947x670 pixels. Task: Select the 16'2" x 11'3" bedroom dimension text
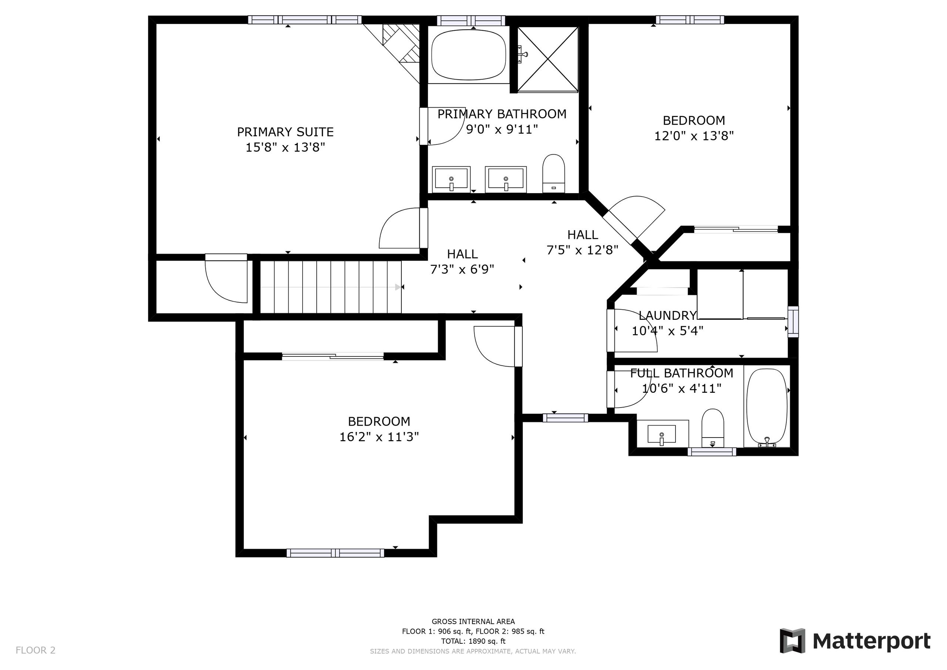click(379, 437)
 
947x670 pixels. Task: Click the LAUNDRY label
click(667, 316)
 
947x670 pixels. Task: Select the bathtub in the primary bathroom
click(469, 55)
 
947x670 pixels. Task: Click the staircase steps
click(331, 287)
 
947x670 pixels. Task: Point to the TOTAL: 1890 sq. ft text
click(473, 641)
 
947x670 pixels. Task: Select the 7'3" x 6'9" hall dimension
click(462, 269)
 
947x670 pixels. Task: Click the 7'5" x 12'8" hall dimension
click(582, 250)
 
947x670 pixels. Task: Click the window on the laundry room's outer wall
click(793, 322)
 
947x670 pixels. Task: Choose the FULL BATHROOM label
click(682, 373)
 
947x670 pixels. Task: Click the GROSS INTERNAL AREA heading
click(473, 621)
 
